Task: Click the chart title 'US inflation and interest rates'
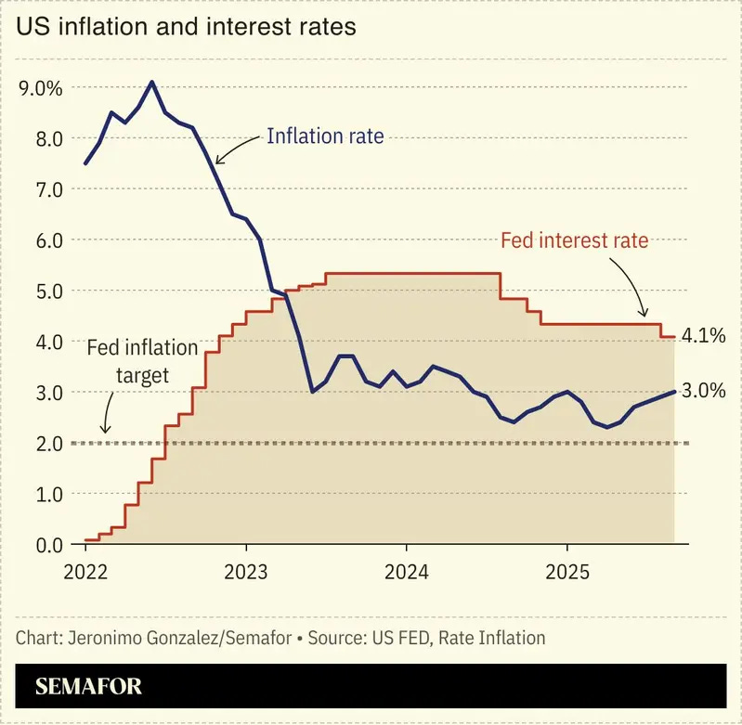[186, 27]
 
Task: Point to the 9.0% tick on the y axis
[41, 88]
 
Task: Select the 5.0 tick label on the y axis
[49, 291]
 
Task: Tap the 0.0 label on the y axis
[49, 545]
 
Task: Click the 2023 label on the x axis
[245, 572]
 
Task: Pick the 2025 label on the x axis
[567, 572]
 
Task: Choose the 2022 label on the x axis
[85, 572]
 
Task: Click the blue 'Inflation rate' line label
[326, 136]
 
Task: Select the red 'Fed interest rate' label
[575, 240]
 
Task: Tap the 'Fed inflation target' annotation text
[142, 361]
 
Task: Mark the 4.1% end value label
[704, 336]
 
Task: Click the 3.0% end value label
[704, 391]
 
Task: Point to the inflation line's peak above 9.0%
[152, 82]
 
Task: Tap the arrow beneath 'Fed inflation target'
[108, 412]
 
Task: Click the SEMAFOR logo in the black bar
[88, 686]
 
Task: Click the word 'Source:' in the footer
[338, 638]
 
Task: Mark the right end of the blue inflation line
[674, 392]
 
